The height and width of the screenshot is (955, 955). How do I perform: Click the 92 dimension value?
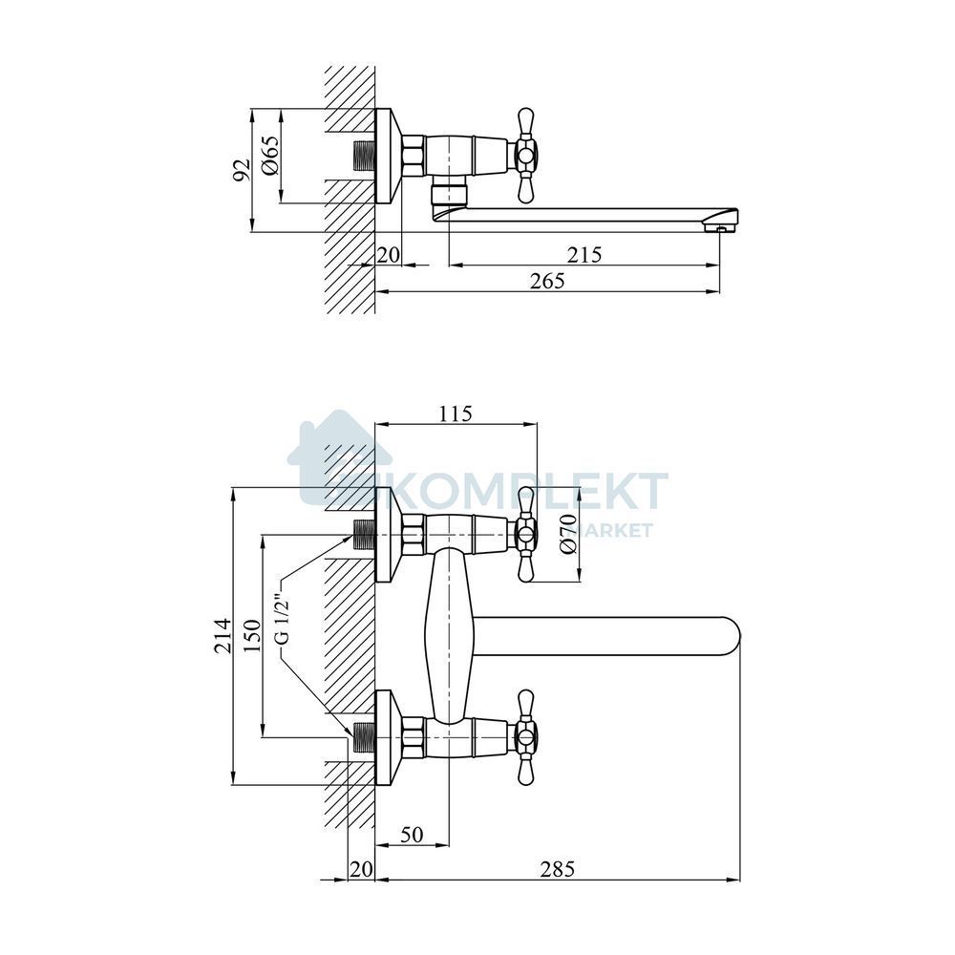point(243,170)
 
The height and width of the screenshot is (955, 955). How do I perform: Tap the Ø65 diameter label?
point(271,155)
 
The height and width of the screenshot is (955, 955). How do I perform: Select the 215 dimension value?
point(584,255)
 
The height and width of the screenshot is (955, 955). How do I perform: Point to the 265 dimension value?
point(547,281)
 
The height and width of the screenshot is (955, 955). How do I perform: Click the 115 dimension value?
point(456,414)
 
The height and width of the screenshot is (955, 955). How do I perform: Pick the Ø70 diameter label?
point(567,534)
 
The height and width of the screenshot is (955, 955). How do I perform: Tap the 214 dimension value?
point(223,636)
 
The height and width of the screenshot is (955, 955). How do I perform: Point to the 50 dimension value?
point(413,835)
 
